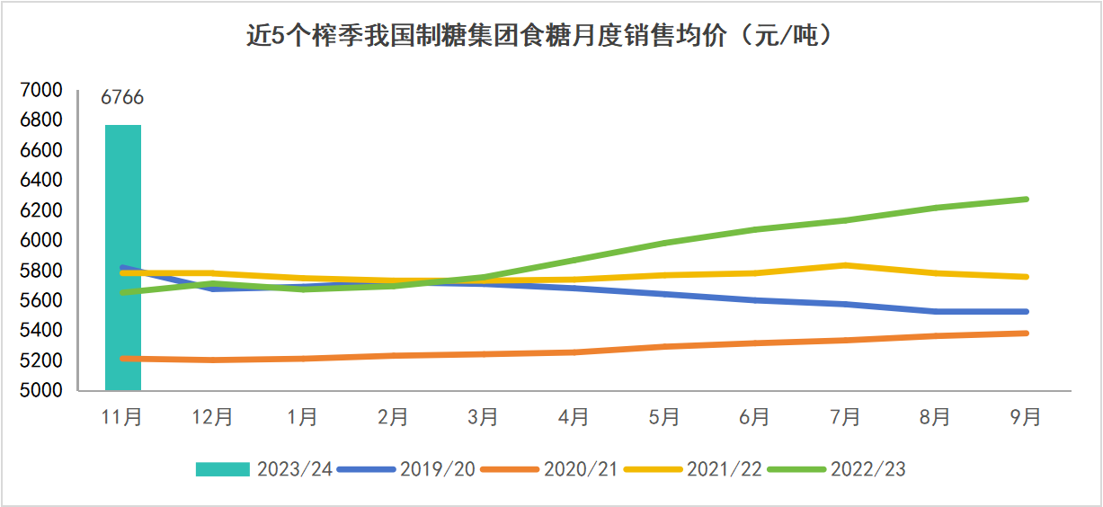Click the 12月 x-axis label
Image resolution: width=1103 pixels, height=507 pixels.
coord(213,417)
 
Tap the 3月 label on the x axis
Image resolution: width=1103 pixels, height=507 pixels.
coord(484,417)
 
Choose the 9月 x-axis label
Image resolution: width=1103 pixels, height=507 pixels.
coord(1026,417)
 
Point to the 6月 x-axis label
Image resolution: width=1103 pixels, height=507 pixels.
coord(755,417)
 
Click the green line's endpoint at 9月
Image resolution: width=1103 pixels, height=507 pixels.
coord(1026,199)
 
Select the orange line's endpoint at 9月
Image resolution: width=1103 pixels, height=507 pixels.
coord(1026,334)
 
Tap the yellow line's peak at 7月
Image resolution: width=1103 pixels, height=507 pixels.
coord(845,265)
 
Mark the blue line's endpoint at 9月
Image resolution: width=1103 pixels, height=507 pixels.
coord(1026,312)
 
